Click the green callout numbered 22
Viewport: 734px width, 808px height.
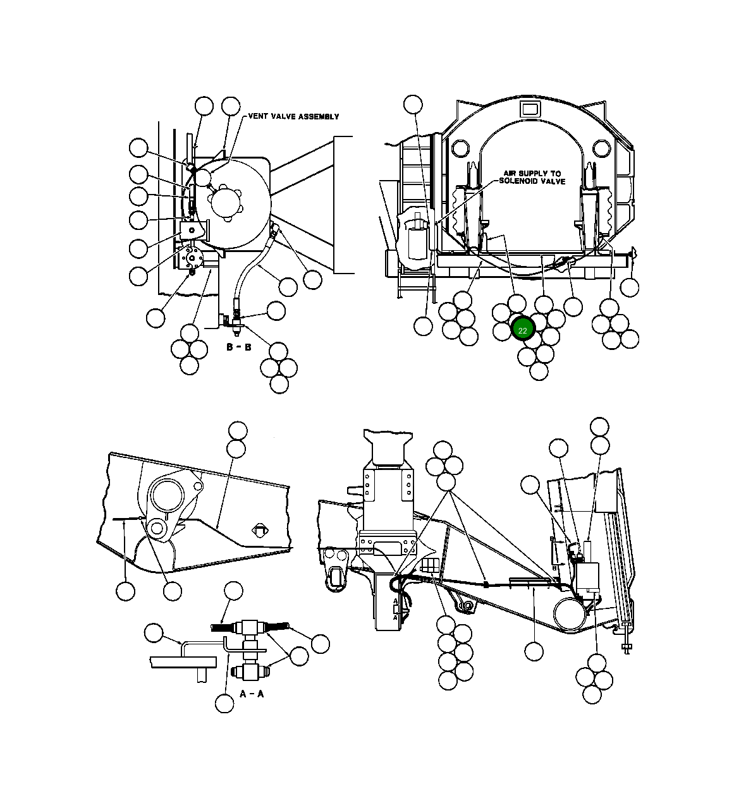tap(523, 329)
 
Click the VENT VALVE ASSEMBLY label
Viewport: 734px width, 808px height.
tap(293, 116)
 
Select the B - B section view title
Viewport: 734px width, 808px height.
tap(238, 347)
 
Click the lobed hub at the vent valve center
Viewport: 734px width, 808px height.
tap(226, 203)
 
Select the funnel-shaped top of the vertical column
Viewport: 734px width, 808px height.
tap(388, 447)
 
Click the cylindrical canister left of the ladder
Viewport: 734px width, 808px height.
tap(415, 239)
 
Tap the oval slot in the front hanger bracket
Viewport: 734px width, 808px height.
tap(336, 578)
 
